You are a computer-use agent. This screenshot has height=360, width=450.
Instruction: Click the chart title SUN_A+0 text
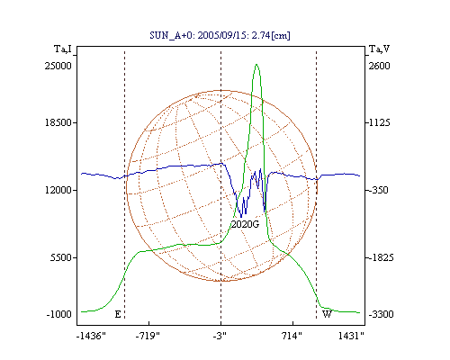point(220,35)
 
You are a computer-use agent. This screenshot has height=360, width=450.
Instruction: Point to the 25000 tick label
point(58,66)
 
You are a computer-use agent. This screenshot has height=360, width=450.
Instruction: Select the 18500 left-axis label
point(58,122)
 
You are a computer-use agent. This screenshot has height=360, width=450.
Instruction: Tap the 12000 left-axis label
point(58,190)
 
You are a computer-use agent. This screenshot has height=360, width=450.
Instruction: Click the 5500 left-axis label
point(61,257)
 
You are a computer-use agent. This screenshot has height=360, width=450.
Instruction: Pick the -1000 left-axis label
point(59,314)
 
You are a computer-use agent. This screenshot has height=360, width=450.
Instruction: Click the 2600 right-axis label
point(379,66)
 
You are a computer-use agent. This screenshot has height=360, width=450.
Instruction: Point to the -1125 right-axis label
point(378,122)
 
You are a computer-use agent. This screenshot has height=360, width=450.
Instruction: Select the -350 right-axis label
point(377,190)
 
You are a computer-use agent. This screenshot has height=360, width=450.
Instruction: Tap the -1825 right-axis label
point(380,257)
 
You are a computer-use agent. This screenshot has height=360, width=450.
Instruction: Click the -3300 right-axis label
point(381,314)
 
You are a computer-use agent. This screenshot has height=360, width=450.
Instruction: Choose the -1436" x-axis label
point(91,336)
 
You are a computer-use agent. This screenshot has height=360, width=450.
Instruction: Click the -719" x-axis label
point(148,336)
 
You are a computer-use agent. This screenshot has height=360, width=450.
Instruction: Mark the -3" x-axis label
point(220,336)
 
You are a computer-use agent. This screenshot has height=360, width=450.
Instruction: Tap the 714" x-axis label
point(292,336)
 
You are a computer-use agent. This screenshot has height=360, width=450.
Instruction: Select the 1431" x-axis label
point(351,336)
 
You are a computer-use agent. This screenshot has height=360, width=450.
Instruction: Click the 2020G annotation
point(245,224)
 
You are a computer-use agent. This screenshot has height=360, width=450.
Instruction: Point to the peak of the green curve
point(256,64)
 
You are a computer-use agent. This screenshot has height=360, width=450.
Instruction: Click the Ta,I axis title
point(63,49)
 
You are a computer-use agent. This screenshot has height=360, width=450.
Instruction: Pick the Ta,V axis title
point(379,49)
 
